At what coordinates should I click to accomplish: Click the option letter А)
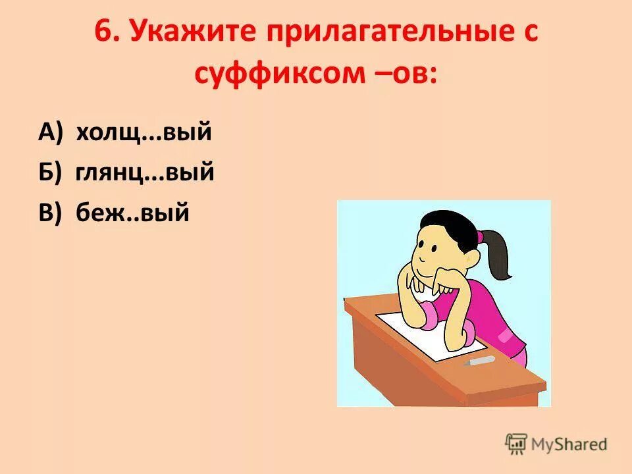(x=51, y=132)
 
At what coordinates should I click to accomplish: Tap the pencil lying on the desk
(x=479, y=361)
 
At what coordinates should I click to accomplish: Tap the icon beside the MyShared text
(x=516, y=444)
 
